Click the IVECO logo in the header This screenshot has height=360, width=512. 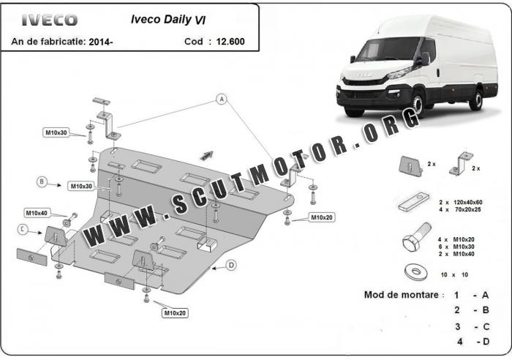point(49,19)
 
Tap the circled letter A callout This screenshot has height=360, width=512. point(221,98)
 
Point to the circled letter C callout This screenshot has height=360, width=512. point(23,229)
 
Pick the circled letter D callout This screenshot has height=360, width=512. point(231,265)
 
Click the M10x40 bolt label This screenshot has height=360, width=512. point(37,213)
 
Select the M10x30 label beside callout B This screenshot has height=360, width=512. point(81,187)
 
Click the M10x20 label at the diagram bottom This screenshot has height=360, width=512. point(175,313)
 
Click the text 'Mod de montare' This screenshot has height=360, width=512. point(403,295)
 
